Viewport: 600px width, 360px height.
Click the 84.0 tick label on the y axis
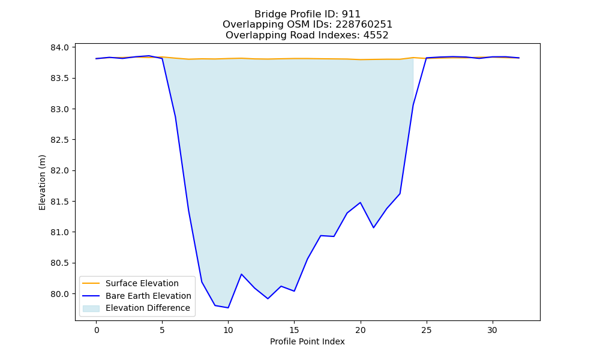click(x=59, y=47)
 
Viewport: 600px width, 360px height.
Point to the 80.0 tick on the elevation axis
click(x=59, y=294)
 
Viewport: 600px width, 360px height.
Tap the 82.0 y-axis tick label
click(x=59, y=170)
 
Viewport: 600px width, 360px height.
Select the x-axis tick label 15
click(x=294, y=330)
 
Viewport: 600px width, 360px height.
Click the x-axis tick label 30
click(x=493, y=330)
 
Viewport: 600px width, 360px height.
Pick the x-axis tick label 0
click(x=97, y=330)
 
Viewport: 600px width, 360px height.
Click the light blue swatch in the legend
click(x=91, y=308)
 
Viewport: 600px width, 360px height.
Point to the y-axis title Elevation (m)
click(x=42, y=182)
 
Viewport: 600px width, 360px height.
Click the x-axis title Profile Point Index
click(x=307, y=341)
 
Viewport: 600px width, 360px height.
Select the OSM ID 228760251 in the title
click(x=364, y=25)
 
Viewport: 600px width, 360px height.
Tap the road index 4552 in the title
click(x=376, y=35)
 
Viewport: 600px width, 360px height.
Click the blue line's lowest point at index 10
click(x=228, y=308)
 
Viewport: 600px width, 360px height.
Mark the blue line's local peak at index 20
click(x=361, y=202)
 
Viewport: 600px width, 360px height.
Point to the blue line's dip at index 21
click(x=373, y=227)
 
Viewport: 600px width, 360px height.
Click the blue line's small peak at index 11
click(x=241, y=274)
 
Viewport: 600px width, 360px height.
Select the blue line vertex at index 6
click(x=175, y=116)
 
